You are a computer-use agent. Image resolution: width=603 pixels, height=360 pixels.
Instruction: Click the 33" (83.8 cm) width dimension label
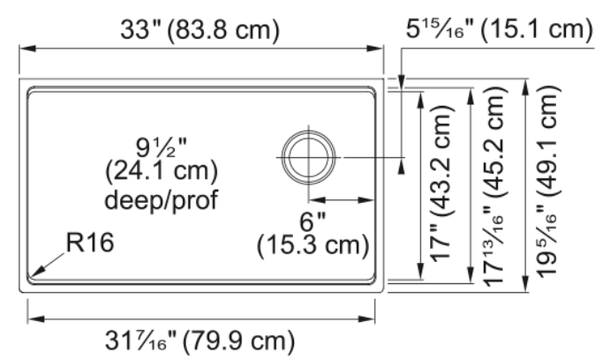click(200, 30)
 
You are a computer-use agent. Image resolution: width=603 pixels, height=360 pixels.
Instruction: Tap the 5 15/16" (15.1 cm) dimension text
click(500, 28)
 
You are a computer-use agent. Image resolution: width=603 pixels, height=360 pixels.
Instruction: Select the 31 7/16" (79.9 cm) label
click(200, 341)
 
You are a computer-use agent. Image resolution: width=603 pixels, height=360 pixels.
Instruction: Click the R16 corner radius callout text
click(90, 243)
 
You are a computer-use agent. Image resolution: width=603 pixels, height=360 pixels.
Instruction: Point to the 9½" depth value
click(162, 148)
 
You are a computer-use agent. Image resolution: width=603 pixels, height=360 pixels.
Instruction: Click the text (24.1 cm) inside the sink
click(162, 171)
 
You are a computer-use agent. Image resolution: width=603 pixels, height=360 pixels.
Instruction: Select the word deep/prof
click(162, 199)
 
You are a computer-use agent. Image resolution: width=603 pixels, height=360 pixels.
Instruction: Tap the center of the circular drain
click(308, 158)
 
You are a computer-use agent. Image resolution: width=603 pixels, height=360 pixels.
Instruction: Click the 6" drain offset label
click(313, 221)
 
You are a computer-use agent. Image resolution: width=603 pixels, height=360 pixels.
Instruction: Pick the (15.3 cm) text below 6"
click(313, 245)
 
